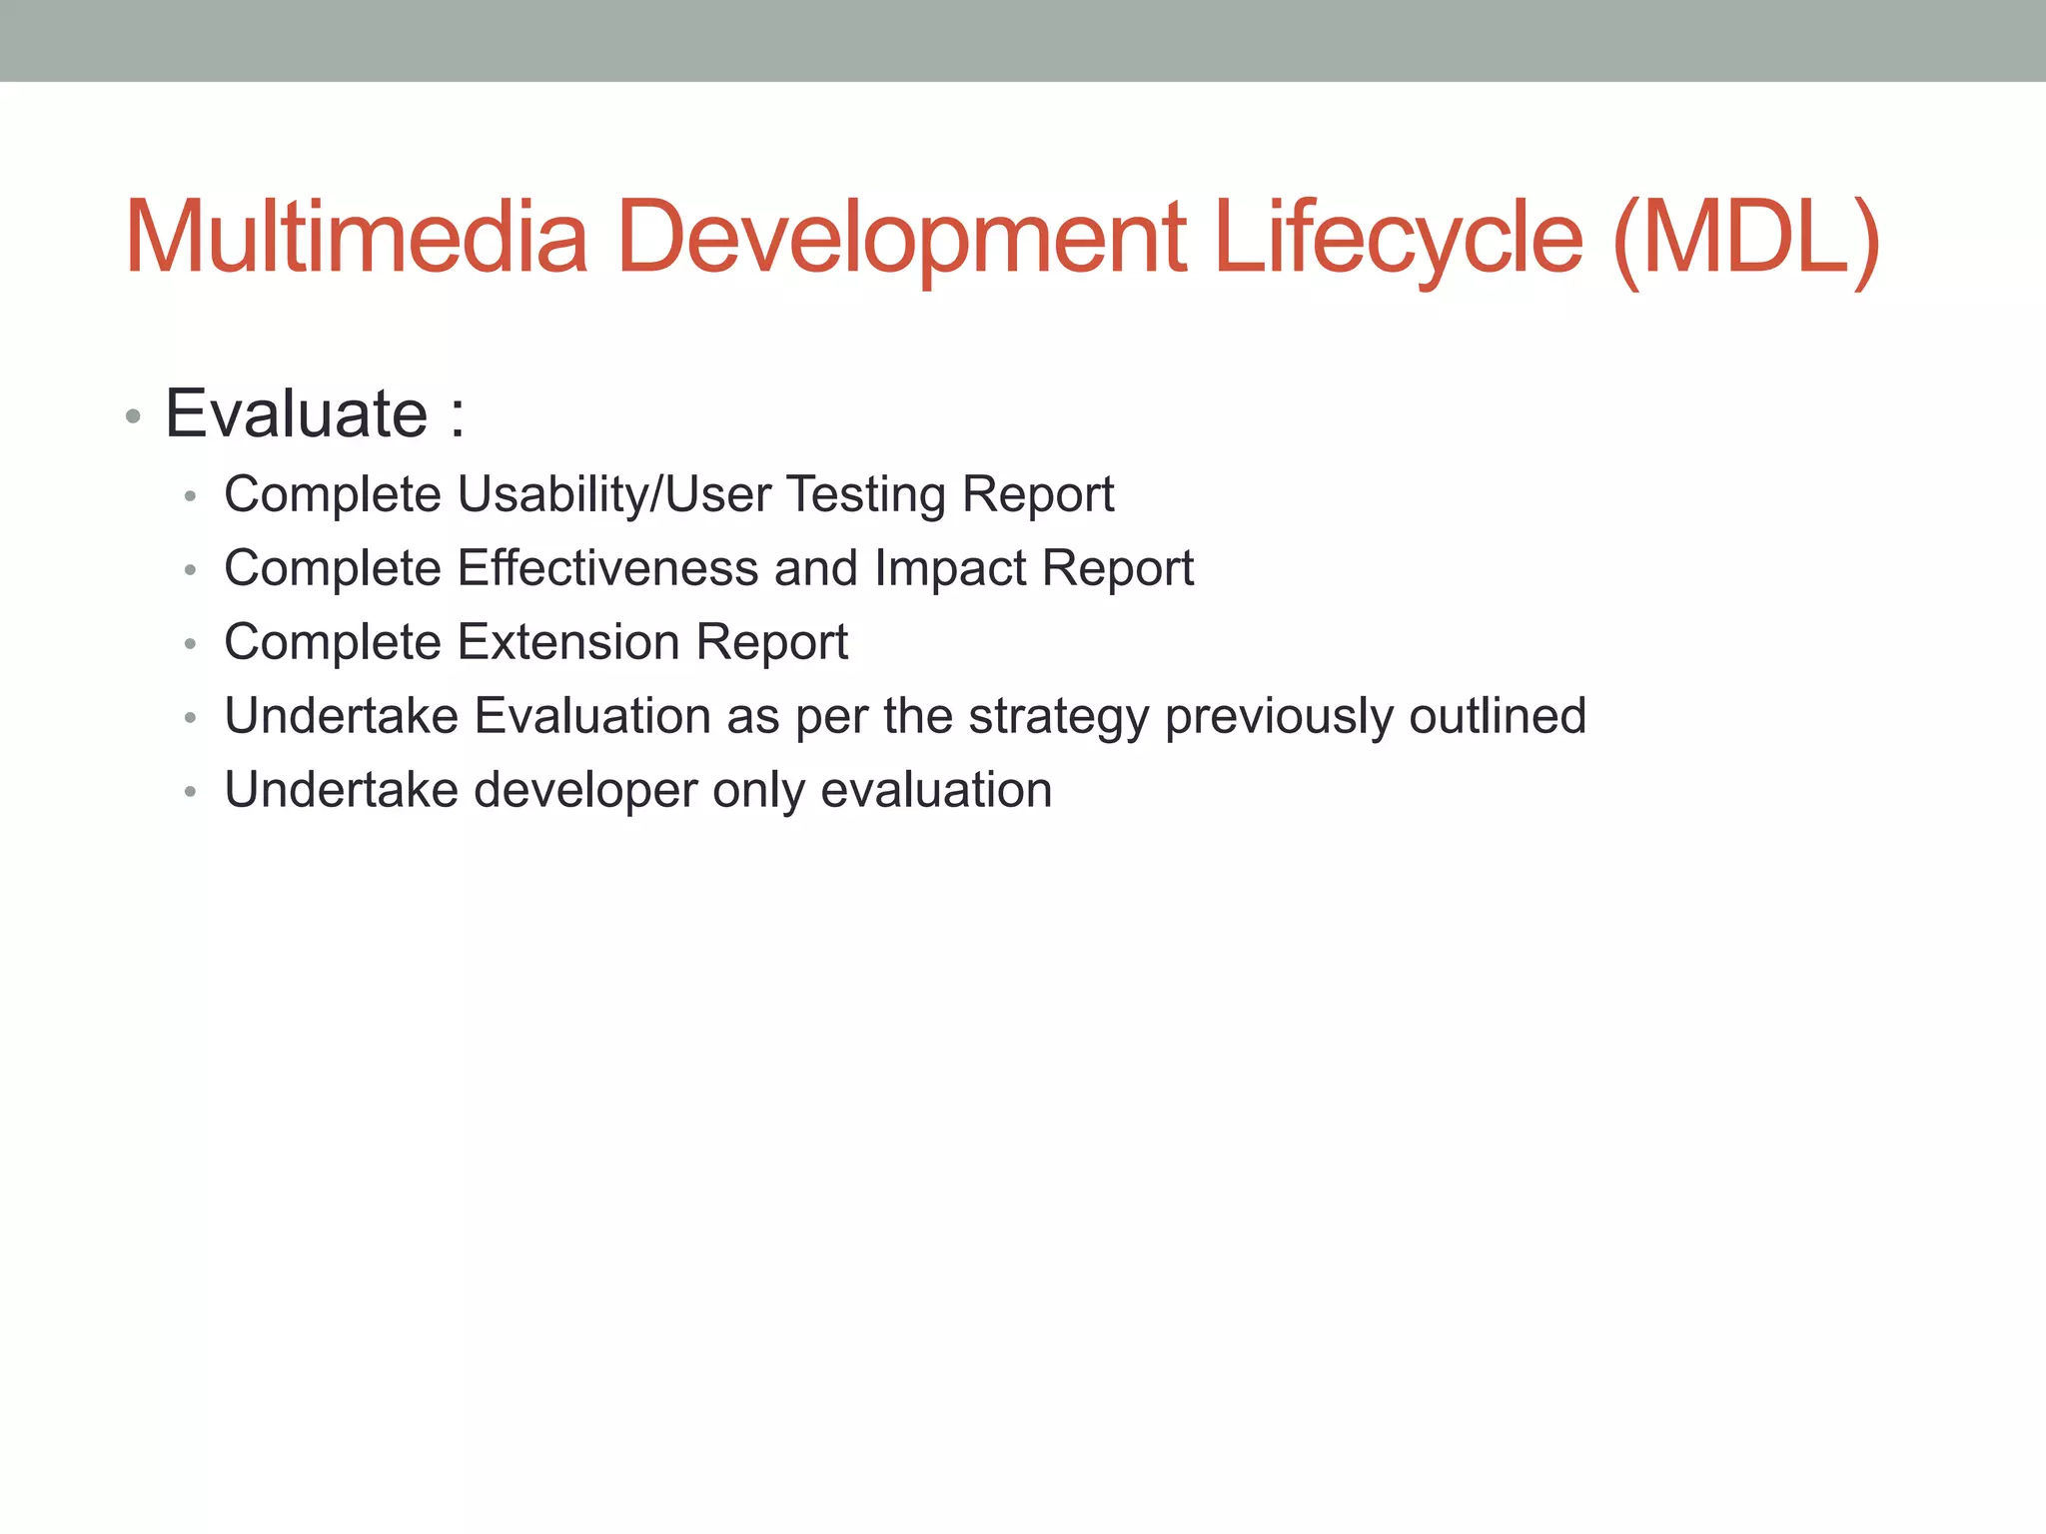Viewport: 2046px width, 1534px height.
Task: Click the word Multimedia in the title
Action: [x=356, y=238]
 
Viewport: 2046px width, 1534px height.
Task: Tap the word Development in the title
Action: [x=901, y=238]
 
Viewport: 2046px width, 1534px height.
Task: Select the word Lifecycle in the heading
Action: [x=1398, y=238]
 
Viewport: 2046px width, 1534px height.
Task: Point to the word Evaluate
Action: [x=297, y=413]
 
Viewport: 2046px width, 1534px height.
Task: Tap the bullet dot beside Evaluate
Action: [x=133, y=416]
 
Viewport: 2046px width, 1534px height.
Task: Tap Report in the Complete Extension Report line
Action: [x=771, y=642]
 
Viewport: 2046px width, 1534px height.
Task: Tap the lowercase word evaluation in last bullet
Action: [x=936, y=790]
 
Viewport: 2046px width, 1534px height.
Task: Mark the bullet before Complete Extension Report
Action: [x=190, y=644]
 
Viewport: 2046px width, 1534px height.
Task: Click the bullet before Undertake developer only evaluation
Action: [x=190, y=792]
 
